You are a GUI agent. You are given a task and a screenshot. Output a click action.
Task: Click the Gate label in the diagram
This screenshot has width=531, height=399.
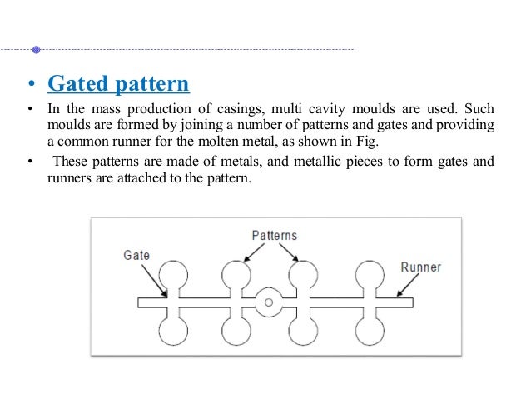pyautogui.click(x=136, y=254)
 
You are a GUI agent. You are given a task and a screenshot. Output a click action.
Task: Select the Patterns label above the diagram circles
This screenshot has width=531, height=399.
pyautogui.click(x=274, y=236)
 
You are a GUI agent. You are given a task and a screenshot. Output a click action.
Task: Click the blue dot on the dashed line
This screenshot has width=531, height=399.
pyautogui.click(x=36, y=50)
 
